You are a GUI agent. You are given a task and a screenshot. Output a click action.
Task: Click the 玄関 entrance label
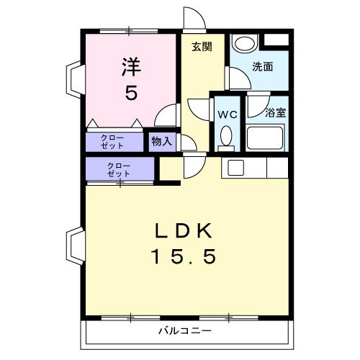pos(202,47)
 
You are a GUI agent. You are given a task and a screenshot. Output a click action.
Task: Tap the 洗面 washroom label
pos(263,67)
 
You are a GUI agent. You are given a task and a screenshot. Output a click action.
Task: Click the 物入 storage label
pos(162,141)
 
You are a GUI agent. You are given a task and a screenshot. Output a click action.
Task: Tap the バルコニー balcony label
pos(185,332)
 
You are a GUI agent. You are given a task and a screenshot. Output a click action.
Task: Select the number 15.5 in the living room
pos(184,256)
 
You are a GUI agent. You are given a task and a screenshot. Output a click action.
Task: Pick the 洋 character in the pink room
pos(130,67)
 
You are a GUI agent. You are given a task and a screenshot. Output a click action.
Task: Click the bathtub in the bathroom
pos(266,137)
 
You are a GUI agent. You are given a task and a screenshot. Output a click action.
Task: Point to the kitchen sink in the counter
pos(237,167)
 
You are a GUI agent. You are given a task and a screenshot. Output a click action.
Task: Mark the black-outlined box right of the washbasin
pos(276,41)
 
